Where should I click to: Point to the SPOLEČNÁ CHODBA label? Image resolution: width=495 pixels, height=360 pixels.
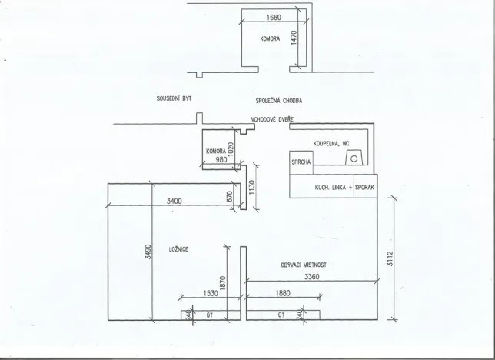(x=279, y=101)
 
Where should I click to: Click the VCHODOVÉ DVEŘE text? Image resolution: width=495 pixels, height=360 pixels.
(x=272, y=120)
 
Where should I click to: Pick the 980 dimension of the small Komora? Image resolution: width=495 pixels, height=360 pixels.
(x=223, y=160)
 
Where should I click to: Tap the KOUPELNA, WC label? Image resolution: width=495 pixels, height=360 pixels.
(x=331, y=144)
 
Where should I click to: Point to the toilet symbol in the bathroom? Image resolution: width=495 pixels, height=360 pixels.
(x=354, y=158)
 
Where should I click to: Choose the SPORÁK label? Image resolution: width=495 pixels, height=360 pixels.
(x=366, y=188)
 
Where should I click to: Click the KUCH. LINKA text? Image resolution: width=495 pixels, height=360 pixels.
(x=329, y=188)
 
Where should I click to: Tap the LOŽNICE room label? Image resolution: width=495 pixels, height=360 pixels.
(x=180, y=249)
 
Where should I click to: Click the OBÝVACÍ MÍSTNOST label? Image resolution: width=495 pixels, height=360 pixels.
(x=304, y=265)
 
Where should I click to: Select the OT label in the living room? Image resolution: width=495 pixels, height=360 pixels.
(x=281, y=314)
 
